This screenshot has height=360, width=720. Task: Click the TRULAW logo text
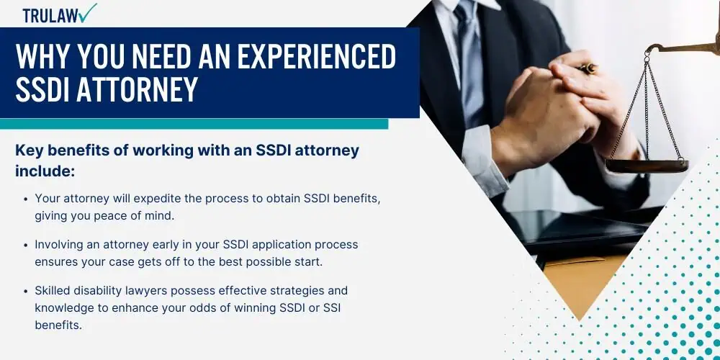(50, 16)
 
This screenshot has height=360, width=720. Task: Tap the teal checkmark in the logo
(88, 12)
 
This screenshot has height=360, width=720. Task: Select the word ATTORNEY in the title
(138, 89)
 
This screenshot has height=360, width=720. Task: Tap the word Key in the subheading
(29, 150)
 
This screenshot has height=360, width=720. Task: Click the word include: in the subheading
(45, 171)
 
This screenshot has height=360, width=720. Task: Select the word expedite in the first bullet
(177, 199)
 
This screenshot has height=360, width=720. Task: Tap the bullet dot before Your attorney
(25, 199)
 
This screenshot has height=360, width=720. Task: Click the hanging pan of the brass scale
(647, 166)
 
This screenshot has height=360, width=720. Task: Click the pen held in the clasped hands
(588, 69)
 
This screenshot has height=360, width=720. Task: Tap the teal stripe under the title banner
(194, 124)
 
